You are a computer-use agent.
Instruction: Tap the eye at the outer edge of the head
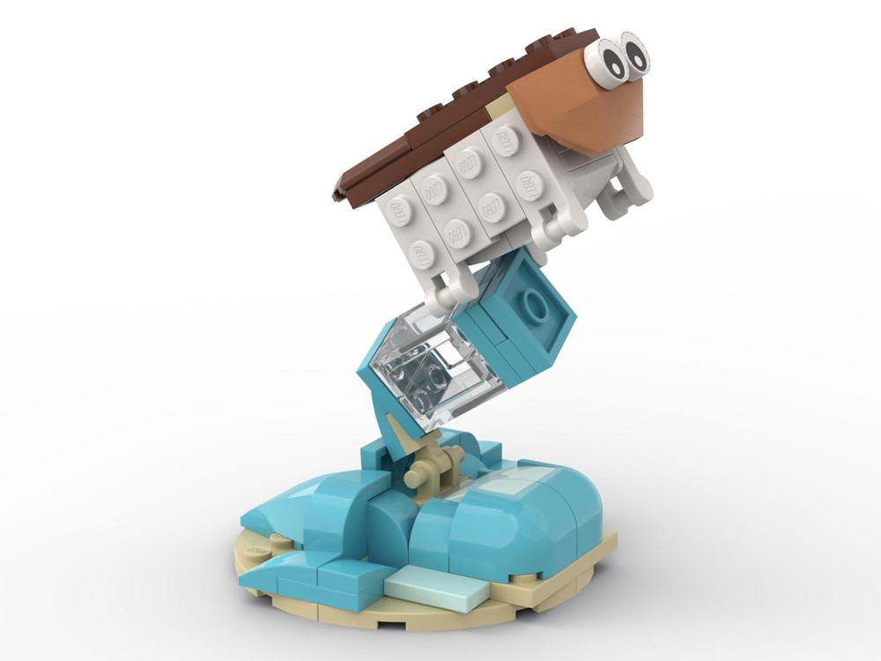click(x=633, y=56)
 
